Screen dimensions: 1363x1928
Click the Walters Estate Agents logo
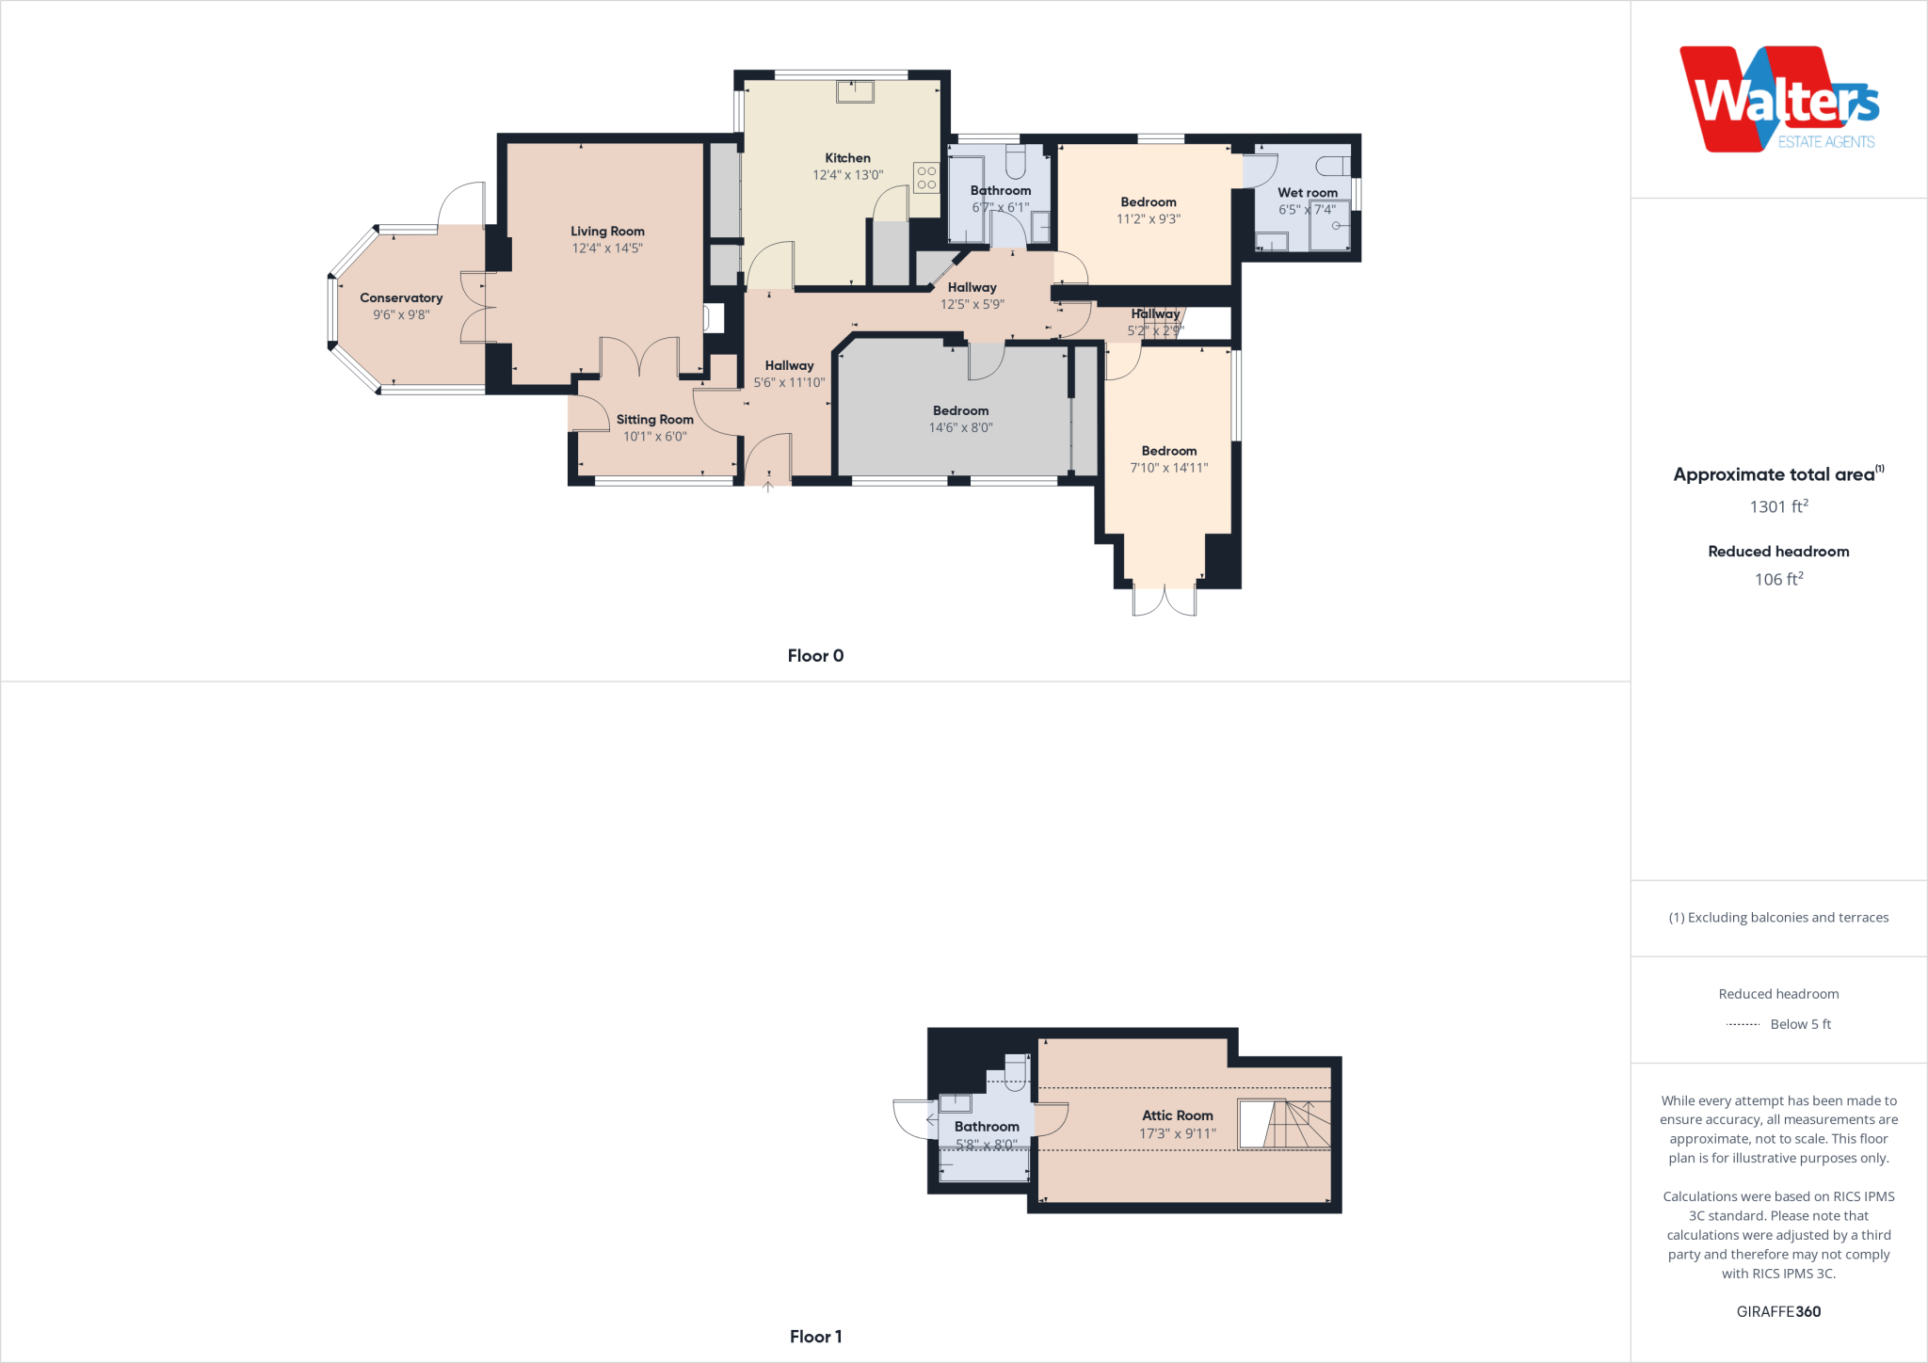coord(1778,100)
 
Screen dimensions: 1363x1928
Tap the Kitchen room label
coord(847,158)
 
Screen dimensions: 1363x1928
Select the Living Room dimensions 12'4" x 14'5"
coord(607,249)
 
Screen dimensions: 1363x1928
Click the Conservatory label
coord(401,298)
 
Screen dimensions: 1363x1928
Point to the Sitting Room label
coord(654,420)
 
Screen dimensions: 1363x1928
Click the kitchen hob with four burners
coord(926,178)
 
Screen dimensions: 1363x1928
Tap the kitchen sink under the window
coord(855,91)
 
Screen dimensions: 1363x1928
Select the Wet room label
coord(1307,193)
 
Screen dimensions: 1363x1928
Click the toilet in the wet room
coord(1331,167)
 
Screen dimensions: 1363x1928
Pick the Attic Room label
coord(1177,1115)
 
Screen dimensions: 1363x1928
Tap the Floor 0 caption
coord(815,656)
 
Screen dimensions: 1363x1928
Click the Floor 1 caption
coord(815,1337)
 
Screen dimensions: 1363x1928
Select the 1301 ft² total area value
coord(1778,506)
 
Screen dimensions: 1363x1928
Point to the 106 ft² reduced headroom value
coord(1778,580)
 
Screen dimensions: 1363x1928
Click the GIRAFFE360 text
coord(1778,1311)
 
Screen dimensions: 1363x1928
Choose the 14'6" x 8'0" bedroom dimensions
coord(960,428)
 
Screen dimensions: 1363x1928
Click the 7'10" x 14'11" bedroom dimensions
coord(1168,468)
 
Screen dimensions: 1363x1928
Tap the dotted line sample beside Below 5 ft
coord(1743,1024)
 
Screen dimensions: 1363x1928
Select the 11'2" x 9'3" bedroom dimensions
coord(1148,219)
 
